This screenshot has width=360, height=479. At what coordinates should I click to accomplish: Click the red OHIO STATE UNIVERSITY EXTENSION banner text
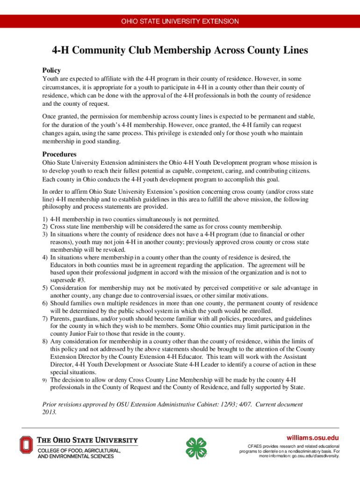[x=180, y=22]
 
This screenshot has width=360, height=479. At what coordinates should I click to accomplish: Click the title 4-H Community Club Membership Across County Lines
[x=180, y=51]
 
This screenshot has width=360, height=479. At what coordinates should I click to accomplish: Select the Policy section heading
[x=51, y=70]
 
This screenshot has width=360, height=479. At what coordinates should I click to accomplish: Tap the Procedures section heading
[x=59, y=154]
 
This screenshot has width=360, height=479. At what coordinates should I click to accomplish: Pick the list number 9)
[x=45, y=380]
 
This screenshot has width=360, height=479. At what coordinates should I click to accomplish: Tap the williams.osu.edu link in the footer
[x=312, y=437]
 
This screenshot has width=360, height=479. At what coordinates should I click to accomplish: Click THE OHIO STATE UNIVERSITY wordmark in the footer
[x=87, y=440]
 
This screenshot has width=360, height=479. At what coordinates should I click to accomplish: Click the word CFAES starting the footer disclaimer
[x=255, y=447]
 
